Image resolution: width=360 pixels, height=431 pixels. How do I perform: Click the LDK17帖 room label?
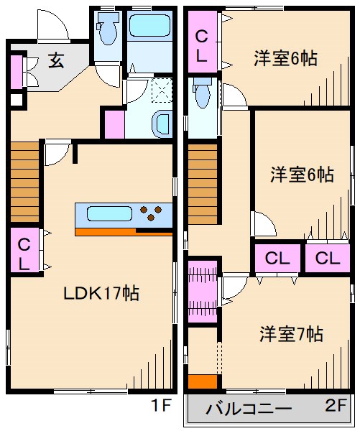point(101,293)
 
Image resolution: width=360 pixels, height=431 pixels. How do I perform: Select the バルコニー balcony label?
point(249,409)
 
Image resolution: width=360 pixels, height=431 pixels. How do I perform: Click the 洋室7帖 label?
point(291,334)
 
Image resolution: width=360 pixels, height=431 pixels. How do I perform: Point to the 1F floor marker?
point(162,405)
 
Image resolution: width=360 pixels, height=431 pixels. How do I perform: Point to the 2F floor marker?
point(336,405)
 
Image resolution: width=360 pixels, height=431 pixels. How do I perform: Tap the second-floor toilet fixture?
point(203,93)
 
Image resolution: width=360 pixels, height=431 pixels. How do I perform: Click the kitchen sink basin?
point(109,213)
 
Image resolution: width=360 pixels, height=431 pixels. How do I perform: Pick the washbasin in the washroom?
point(162,124)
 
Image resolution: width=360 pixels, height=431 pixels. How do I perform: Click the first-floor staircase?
point(24,182)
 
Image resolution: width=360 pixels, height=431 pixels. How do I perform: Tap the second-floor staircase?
point(203,184)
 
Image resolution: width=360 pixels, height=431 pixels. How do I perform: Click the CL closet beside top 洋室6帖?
point(203,42)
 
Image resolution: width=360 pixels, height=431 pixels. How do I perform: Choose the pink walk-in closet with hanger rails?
point(203,292)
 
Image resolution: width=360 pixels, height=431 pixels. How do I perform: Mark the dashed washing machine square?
point(162,91)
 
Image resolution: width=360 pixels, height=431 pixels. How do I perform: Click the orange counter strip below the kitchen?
point(124,232)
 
